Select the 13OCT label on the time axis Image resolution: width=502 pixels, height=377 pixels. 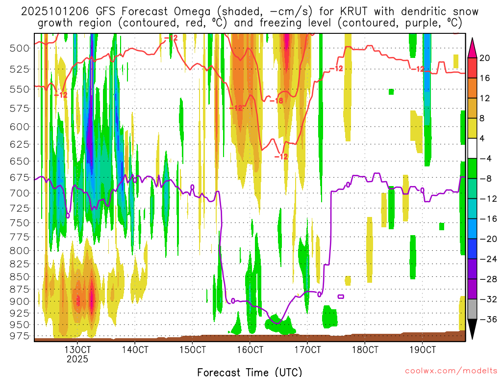pyautogui.click(x=77, y=350)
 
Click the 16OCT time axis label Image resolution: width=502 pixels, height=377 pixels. pyautogui.click(x=250, y=350)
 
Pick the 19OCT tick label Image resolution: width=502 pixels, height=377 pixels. pyautogui.click(x=423, y=350)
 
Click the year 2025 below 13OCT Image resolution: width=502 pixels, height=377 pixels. pyautogui.click(x=77, y=359)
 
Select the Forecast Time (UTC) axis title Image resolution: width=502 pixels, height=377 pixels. pyautogui.click(x=250, y=372)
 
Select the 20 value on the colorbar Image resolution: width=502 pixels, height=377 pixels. pyautogui.click(x=485, y=58)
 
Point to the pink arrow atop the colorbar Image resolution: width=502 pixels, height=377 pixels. pyautogui.click(x=472, y=47)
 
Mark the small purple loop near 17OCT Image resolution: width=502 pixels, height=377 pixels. pyautogui.click(x=341, y=296)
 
